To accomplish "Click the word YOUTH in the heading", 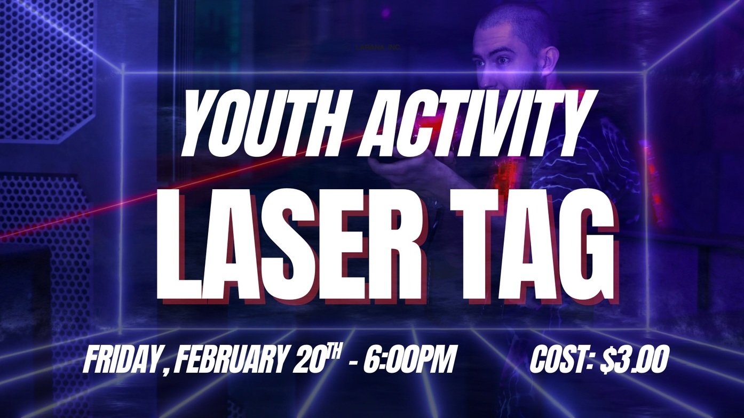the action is (264, 122).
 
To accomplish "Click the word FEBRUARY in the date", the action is (229, 360).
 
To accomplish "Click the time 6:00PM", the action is (408, 360).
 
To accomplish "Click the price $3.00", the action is (634, 360).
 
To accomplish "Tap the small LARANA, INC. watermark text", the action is (378, 48).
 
